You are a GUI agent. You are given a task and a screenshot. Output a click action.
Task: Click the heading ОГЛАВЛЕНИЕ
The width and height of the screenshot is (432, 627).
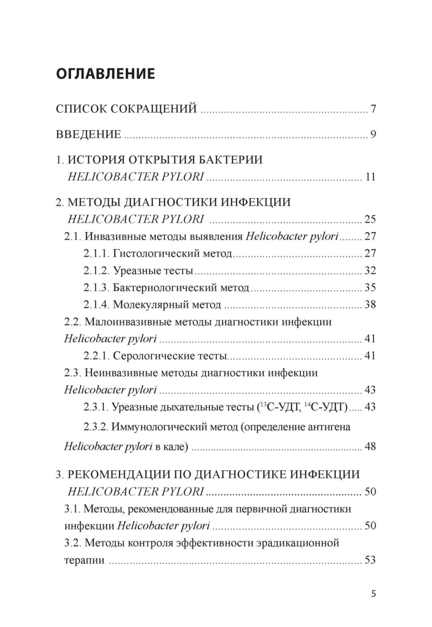point(105,73)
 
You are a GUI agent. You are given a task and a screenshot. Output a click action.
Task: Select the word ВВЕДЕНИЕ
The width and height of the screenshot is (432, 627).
point(88,135)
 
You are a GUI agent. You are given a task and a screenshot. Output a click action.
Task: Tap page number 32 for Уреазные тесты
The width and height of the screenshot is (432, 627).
point(370,271)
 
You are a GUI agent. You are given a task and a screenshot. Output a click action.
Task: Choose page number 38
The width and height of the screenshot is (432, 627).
point(370,305)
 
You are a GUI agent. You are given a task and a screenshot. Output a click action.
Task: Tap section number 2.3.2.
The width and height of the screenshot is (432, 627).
point(95,427)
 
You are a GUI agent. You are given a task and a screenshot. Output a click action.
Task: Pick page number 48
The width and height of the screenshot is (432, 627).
point(370,447)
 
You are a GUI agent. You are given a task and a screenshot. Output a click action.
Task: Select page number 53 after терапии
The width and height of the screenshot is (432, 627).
point(370,560)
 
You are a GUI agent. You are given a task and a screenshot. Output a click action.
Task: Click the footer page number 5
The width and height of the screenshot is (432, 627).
point(372,594)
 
